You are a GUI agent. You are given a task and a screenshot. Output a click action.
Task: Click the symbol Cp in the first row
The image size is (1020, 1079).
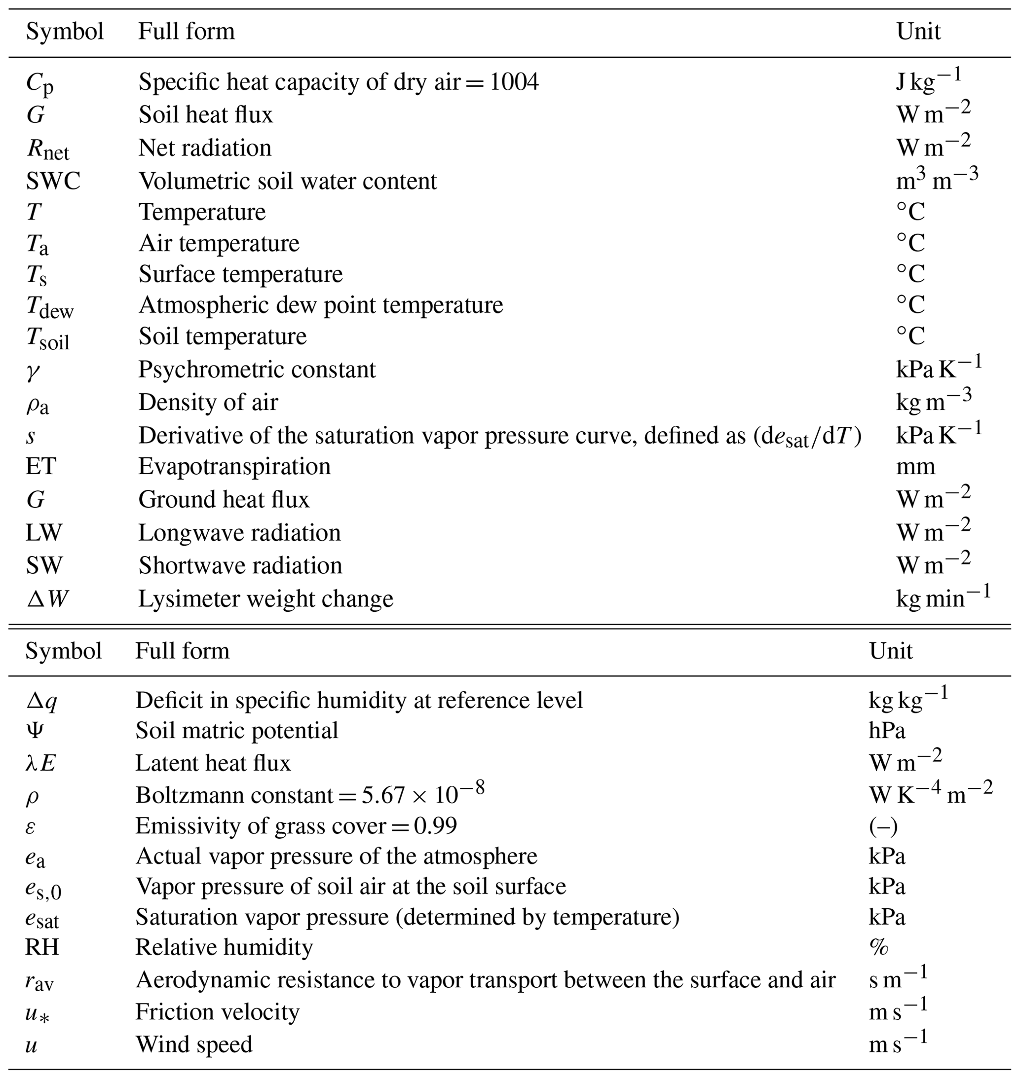click(39, 84)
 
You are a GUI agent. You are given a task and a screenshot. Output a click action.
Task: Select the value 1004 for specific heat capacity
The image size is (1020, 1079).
click(514, 82)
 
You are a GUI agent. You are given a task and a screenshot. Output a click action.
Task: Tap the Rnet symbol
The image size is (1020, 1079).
click(48, 149)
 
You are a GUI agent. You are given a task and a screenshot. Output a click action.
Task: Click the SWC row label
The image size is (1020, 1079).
click(53, 181)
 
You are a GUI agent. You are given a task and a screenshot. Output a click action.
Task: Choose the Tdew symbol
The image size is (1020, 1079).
click(49, 307)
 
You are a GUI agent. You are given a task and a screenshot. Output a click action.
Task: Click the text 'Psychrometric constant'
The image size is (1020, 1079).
click(257, 370)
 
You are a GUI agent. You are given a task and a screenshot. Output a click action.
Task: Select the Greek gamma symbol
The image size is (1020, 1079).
click(33, 372)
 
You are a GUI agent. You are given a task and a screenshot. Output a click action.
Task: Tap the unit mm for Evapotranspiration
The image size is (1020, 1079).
click(915, 466)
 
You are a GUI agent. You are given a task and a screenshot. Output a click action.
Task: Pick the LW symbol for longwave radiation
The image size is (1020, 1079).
click(43, 533)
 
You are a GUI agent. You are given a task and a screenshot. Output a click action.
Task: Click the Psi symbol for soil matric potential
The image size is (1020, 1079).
click(35, 731)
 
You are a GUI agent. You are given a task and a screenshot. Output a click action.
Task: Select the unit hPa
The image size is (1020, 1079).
click(887, 731)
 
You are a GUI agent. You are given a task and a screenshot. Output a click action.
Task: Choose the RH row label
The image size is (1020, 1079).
click(42, 947)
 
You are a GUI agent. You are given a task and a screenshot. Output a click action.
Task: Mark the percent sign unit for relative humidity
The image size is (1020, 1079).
click(879, 947)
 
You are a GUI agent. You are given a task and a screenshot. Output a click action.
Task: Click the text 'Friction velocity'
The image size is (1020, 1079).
click(217, 1012)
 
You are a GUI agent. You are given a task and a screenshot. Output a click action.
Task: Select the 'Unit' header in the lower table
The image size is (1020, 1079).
click(891, 651)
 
